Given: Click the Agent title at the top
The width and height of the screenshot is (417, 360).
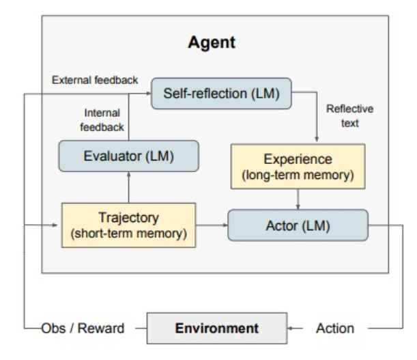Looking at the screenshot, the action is click(212, 42).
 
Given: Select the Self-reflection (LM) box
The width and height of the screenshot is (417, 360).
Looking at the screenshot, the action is click(221, 94).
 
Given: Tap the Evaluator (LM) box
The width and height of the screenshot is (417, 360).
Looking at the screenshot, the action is click(129, 156).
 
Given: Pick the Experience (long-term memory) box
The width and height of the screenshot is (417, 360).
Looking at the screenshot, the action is click(298, 167).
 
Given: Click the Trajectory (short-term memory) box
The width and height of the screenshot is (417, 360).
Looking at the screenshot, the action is click(129, 225).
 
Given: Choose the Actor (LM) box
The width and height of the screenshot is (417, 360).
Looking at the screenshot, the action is click(298, 225).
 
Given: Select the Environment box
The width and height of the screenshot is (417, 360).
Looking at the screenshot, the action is click(217, 328).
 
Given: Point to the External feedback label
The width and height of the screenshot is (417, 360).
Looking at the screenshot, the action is click(95, 80).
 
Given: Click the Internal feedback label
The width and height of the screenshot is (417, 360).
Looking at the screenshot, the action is click(102, 120).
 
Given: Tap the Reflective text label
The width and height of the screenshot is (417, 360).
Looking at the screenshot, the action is click(349, 116).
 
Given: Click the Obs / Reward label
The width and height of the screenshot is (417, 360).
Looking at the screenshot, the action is click(83, 329).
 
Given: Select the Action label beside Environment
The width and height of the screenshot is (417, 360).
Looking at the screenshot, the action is click(335, 329).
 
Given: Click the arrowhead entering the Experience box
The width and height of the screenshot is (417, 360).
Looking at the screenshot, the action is click(317, 139).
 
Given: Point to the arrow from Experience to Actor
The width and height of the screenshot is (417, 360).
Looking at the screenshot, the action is click(298, 199).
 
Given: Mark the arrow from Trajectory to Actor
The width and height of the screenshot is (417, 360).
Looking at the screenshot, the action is click(212, 225).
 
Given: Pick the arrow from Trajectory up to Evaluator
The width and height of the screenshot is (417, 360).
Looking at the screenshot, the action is click(129, 187).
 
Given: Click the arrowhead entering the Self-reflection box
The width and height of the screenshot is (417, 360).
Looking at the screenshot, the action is click(148, 94).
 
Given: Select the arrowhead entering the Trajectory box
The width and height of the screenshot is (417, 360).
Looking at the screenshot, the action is click(55, 225).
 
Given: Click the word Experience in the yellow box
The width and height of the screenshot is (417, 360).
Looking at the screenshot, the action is click(298, 159).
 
